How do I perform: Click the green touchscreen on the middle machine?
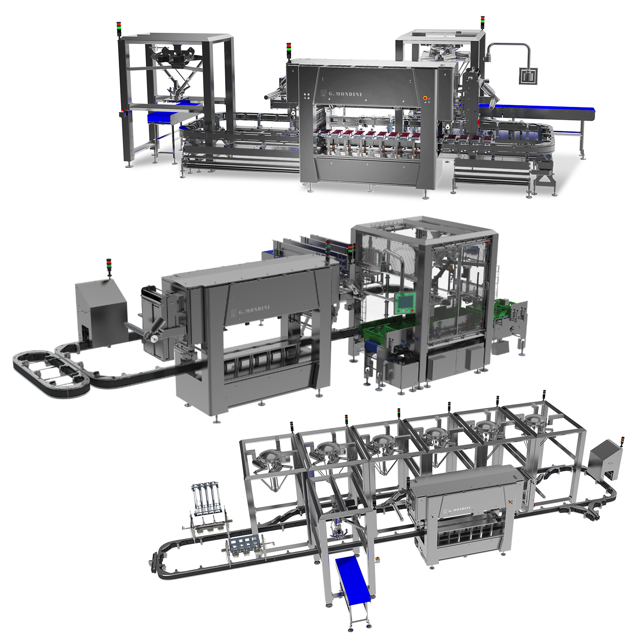[x=404, y=303]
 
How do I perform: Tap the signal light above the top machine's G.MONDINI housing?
[x=289, y=51]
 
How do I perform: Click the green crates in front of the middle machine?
[x=379, y=332]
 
